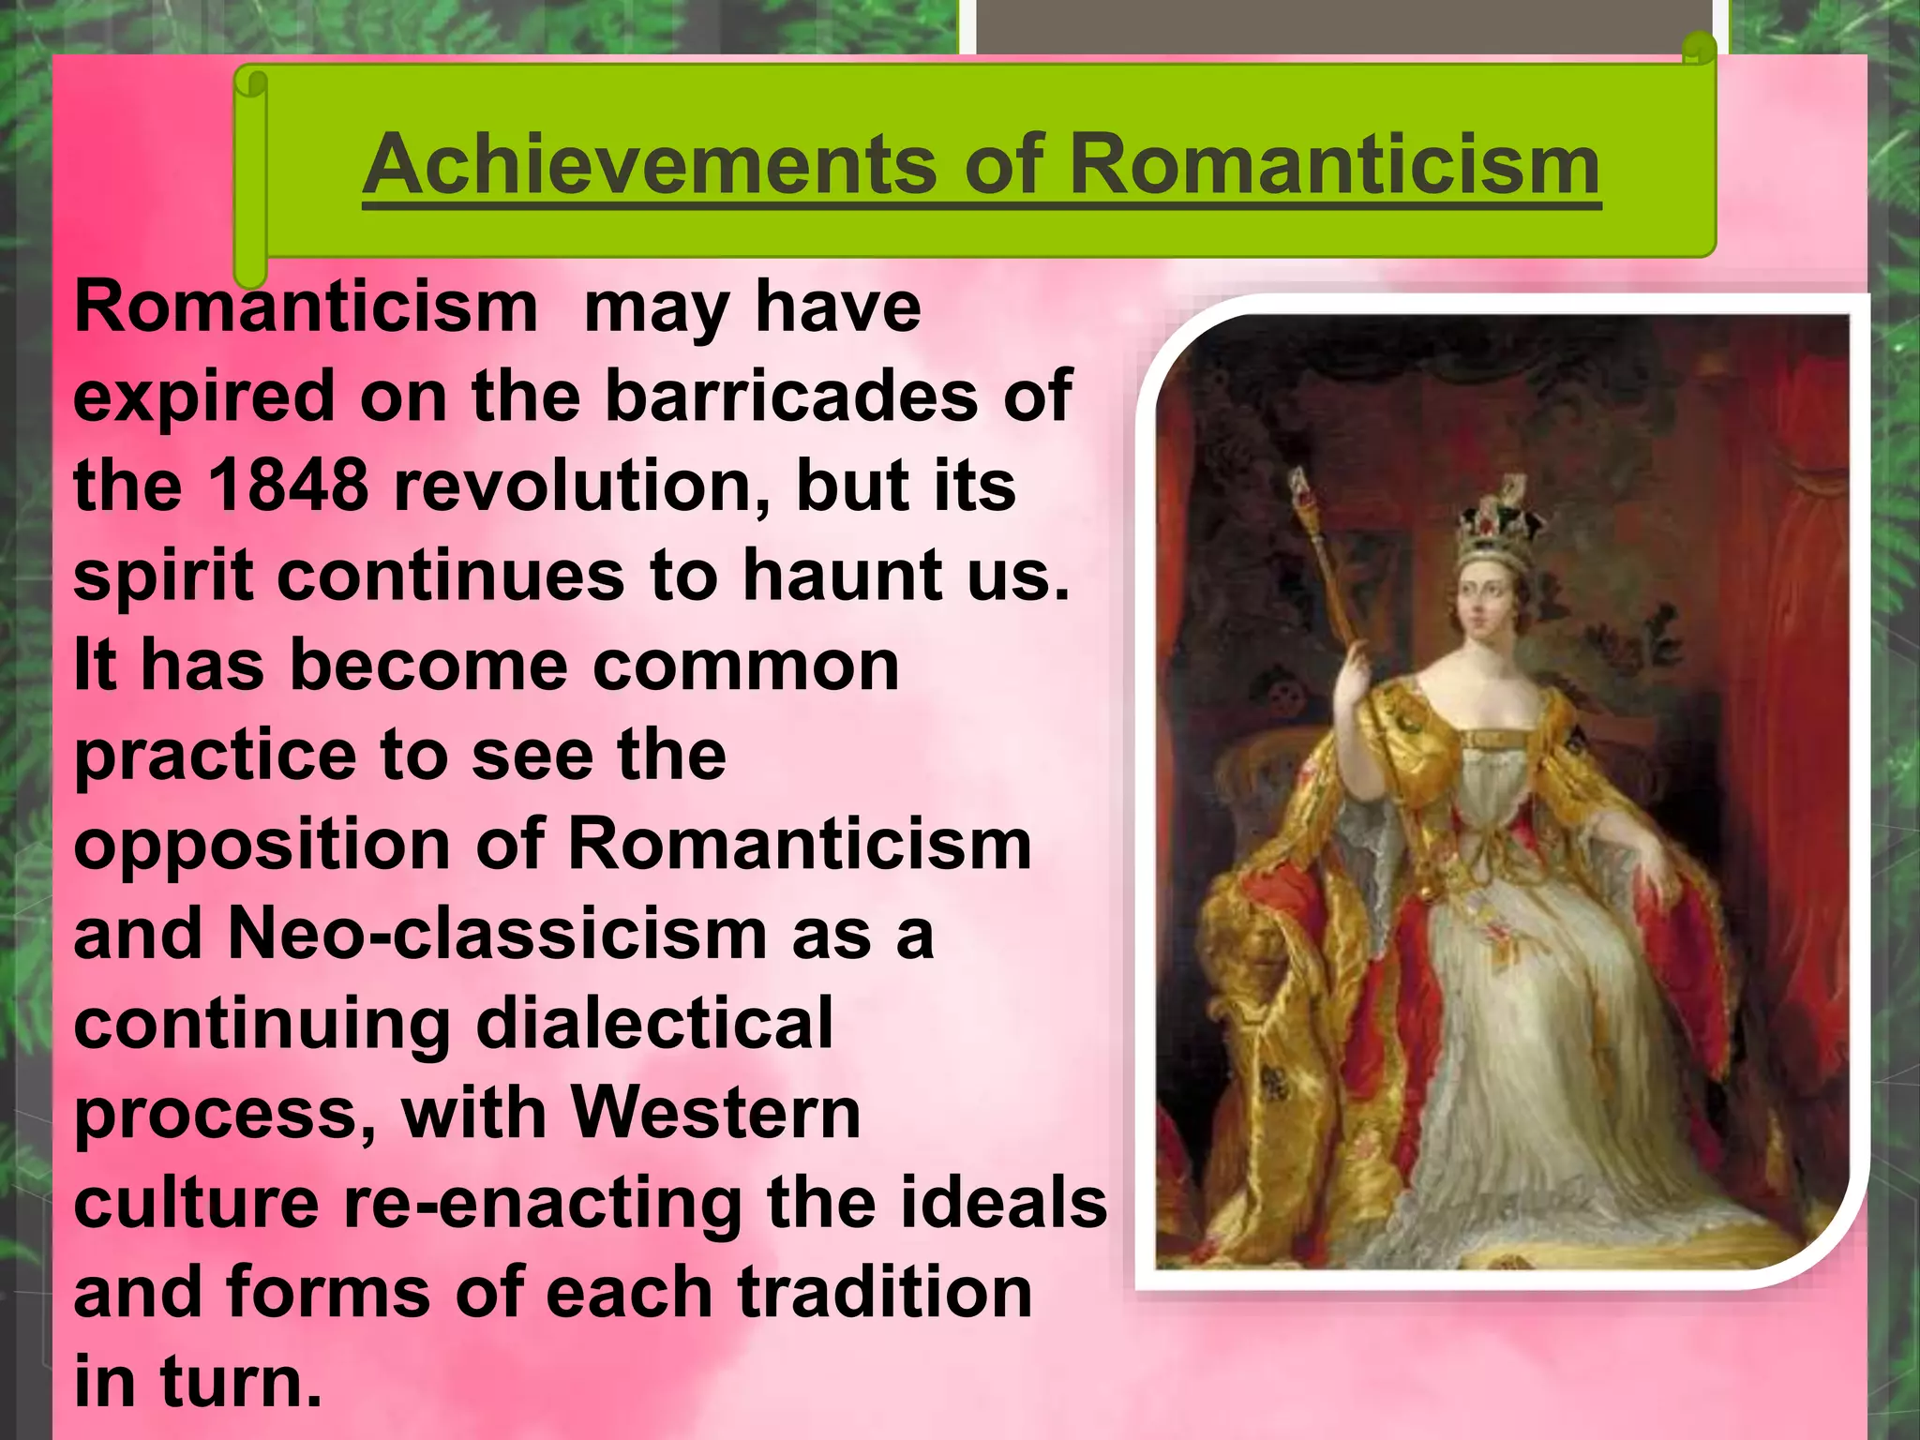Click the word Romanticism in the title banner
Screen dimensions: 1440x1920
pyautogui.click(x=1334, y=165)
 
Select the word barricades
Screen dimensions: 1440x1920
pyautogui.click(x=791, y=396)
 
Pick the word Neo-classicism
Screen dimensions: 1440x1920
pyautogui.click(x=497, y=934)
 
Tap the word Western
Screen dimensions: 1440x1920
pyautogui.click(x=716, y=1113)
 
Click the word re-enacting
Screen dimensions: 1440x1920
pyautogui.click(x=543, y=1203)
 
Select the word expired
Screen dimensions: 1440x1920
pyautogui.click(x=204, y=396)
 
